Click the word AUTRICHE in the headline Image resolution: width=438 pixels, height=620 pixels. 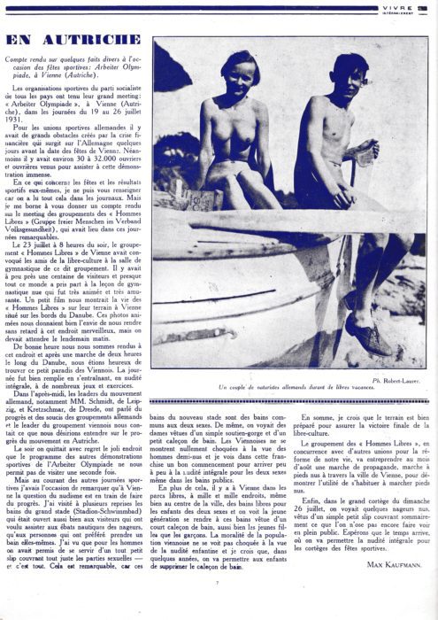(x=89, y=41)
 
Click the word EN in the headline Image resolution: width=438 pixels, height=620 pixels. (x=22, y=41)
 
